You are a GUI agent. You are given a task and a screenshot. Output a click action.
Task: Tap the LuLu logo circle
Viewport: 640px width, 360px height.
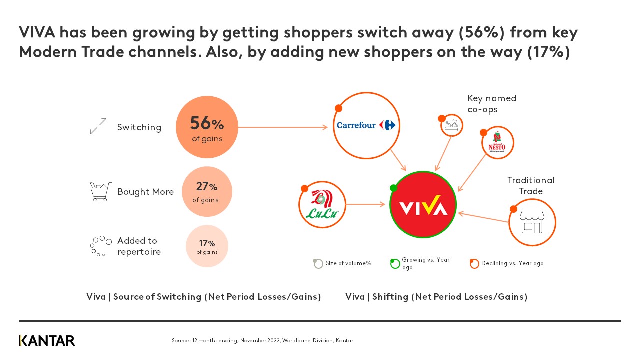[322, 205]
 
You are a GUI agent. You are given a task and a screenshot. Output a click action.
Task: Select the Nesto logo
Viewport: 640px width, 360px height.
[497, 144]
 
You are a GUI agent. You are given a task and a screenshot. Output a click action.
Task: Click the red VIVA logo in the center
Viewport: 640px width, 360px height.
[423, 204]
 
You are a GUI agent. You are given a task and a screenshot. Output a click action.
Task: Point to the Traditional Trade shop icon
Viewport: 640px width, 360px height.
[532, 222]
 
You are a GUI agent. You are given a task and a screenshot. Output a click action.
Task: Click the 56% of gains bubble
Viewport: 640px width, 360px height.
[207, 127]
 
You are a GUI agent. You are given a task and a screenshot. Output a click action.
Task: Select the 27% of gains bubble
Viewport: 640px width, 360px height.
[206, 192]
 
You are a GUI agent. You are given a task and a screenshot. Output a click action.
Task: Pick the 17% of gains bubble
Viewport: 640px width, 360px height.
[207, 246]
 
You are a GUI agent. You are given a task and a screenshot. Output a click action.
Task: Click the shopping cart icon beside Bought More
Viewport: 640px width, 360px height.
[100, 191]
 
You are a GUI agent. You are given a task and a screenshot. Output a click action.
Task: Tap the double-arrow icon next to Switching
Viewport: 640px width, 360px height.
[98, 126]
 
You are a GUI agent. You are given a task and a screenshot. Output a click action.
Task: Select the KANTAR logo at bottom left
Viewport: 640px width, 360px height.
[47, 341]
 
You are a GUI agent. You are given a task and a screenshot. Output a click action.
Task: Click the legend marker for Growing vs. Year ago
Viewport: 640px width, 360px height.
[395, 263]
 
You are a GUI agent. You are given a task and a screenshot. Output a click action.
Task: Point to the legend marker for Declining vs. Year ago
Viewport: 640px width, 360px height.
[474, 263]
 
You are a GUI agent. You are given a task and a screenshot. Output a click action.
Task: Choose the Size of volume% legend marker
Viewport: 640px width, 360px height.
[318, 263]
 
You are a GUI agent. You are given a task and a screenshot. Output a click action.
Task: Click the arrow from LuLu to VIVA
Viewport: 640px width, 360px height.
[367, 204]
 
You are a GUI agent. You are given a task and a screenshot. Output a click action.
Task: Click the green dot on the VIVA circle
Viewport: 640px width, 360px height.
[393, 188]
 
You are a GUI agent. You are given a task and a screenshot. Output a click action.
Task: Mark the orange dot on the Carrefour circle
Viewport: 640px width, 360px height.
[338, 108]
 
